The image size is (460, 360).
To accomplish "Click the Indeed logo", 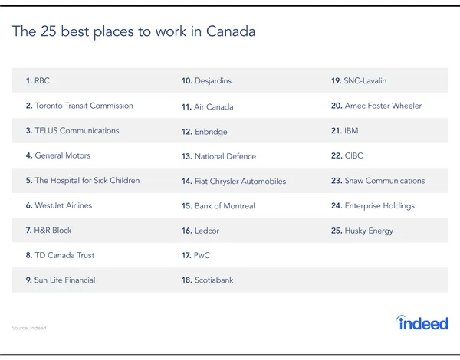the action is (x=422, y=322).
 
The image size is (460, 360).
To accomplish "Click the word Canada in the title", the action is (x=231, y=31).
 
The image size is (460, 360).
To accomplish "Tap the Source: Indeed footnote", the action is (x=29, y=328).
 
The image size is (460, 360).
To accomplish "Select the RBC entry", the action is (x=38, y=80).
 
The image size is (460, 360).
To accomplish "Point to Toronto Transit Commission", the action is (x=80, y=106).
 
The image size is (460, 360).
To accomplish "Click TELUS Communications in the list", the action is (x=73, y=130).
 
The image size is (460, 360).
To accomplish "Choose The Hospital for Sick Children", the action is (x=83, y=180).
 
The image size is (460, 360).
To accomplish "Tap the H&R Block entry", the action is (x=49, y=230).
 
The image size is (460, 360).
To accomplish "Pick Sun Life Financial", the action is (x=61, y=280).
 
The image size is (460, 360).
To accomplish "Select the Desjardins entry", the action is (x=206, y=81).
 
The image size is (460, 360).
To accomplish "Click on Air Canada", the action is (x=208, y=106).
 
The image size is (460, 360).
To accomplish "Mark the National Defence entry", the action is (x=219, y=156).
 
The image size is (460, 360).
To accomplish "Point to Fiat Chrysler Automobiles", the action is (x=234, y=182).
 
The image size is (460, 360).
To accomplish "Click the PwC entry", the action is (x=196, y=255).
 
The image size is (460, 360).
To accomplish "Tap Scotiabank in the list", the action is (x=208, y=280).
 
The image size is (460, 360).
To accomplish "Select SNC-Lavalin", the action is (x=359, y=80).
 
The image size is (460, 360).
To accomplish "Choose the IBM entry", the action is (x=345, y=130).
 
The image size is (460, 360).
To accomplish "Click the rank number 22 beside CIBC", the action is (x=337, y=155).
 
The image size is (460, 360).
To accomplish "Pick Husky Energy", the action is (x=362, y=231).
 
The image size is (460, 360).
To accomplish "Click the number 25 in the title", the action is (x=48, y=31).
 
